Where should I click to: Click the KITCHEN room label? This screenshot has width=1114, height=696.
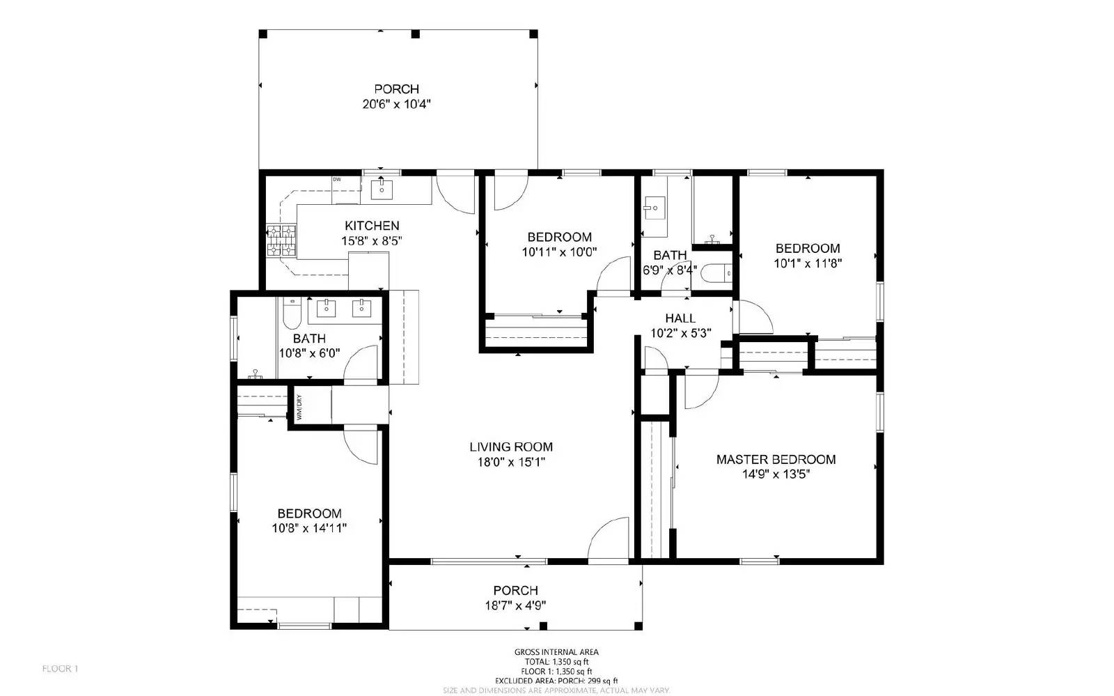pyautogui.click(x=372, y=226)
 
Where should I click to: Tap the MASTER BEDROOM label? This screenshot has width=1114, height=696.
pyautogui.click(x=776, y=459)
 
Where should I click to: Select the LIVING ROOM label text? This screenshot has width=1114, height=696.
pyautogui.click(x=511, y=447)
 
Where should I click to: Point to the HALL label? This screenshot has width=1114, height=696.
pyautogui.click(x=680, y=318)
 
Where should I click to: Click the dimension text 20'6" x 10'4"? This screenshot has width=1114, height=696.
pyautogui.click(x=396, y=105)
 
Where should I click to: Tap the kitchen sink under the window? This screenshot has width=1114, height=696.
pyautogui.click(x=382, y=189)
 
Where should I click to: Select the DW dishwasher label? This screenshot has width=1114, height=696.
pyautogui.click(x=337, y=180)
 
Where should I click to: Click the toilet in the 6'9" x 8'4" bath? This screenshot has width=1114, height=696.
pyautogui.click(x=715, y=274)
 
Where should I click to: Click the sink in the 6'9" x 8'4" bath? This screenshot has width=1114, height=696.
pyautogui.click(x=654, y=207)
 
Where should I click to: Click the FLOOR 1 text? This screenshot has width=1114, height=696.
pyautogui.click(x=60, y=669)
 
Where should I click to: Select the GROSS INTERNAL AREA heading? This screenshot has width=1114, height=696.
pyautogui.click(x=556, y=652)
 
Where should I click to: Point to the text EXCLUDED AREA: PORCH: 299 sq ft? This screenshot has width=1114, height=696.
pyautogui.click(x=556, y=681)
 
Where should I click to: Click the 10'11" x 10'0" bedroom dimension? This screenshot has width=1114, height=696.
pyautogui.click(x=559, y=252)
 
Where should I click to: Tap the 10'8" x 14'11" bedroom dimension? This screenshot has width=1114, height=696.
pyautogui.click(x=309, y=528)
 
